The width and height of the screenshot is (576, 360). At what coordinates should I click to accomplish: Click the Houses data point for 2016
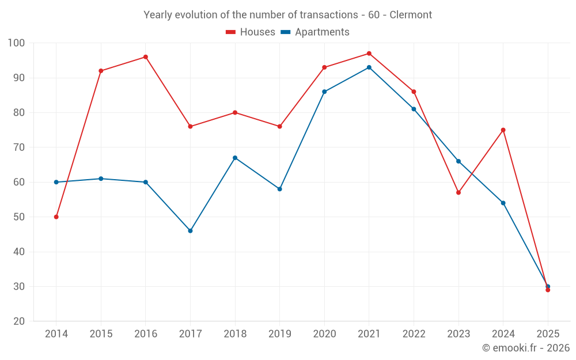(x=146, y=57)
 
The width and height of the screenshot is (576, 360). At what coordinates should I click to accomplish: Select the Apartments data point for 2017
(x=190, y=231)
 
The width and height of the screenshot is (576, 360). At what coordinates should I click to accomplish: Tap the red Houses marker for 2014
(x=56, y=217)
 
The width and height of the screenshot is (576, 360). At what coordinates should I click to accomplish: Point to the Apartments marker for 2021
(x=369, y=67)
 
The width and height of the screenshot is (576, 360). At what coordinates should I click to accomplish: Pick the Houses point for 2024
(x=503, y=130)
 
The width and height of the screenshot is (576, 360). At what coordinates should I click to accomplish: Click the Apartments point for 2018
(x=235, y=158)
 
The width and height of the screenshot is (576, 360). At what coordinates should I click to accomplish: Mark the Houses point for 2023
(x=458, y=192)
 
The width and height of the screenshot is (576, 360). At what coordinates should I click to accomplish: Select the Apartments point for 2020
(x=324, y=92)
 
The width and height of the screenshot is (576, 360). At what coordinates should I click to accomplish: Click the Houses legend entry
(x=251, y=32)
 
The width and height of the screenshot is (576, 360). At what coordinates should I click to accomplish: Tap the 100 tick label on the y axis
(x=16, y=43)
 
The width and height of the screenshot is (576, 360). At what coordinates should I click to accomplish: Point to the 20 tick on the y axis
(x=19, y=321)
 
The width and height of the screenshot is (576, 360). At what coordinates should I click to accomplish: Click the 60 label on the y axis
(x=19, y=182)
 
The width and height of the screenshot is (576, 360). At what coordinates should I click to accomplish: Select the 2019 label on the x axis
(x=280, y=334)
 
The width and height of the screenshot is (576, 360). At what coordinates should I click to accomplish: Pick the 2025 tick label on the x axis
(x=548, y=334)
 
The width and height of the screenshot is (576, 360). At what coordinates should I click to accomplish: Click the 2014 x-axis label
(x=56, y=334)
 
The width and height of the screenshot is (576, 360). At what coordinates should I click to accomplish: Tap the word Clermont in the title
(x=411, y=15)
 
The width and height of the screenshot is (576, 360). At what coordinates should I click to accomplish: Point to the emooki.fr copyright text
(x=526, y=348)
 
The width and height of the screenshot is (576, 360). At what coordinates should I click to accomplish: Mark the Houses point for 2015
(x=101, y=71)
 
